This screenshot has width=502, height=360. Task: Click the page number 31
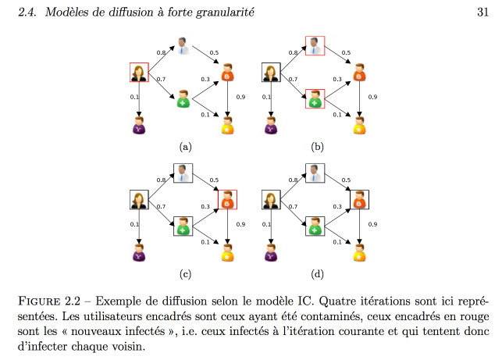tap(482, 12)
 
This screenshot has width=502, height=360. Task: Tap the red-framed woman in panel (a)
tap(139, 73)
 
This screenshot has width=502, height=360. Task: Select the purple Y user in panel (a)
tap(139, 125)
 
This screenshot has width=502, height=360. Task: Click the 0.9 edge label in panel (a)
tap(240, 97)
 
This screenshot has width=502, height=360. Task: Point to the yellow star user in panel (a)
tap(228, 125)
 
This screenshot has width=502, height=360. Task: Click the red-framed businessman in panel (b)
tap(315, 46)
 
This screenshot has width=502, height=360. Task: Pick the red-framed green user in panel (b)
tap(315, 99)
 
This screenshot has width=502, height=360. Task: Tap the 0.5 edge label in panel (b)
tap(346, 52)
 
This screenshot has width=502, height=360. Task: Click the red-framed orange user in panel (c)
tap(228, 200)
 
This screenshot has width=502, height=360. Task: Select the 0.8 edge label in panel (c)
tap(161, 180)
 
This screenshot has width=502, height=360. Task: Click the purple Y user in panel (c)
tap(139, 253)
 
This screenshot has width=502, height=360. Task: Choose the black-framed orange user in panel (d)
tap(360, 200)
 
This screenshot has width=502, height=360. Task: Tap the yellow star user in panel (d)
tap(360, 253)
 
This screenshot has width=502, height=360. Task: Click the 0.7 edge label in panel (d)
tap(293, 207)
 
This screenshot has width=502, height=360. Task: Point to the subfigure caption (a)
tap(185, 147)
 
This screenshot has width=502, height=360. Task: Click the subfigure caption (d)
tap(317, 274)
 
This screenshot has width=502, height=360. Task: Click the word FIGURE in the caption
tap(39, 301)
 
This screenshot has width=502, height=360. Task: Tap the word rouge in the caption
tap(475, 317)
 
